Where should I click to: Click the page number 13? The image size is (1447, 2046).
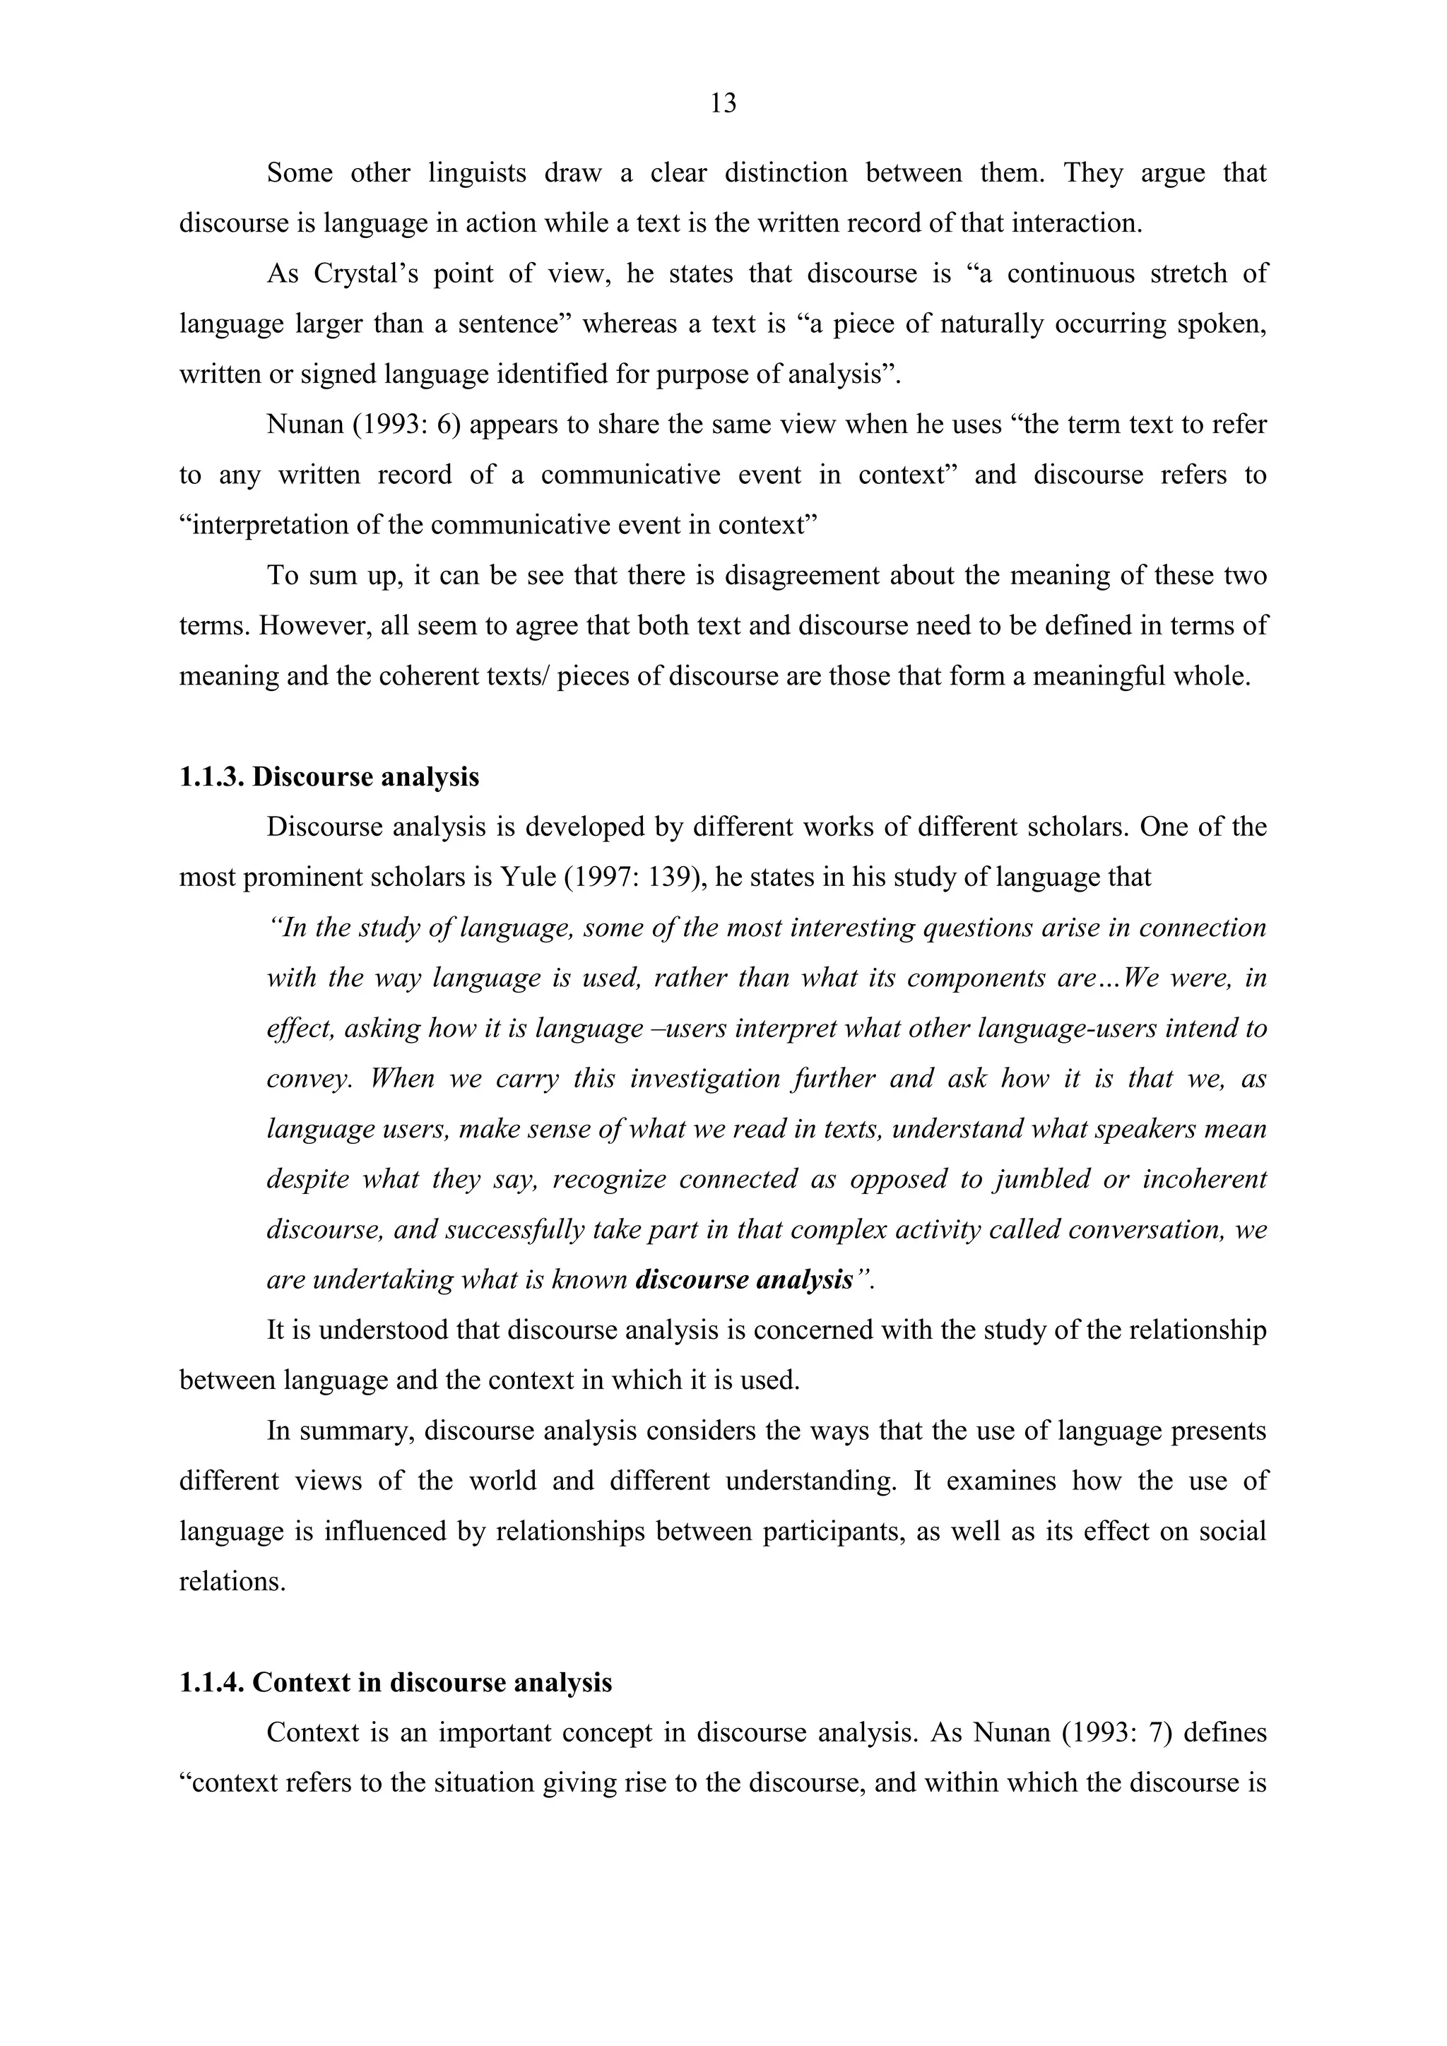coord(723,105)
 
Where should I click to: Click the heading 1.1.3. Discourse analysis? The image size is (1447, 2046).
coord(329,776)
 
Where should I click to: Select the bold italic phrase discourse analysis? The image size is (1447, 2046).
coord(744,1279)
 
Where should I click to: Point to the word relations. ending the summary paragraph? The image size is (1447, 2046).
coord(232,1581)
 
